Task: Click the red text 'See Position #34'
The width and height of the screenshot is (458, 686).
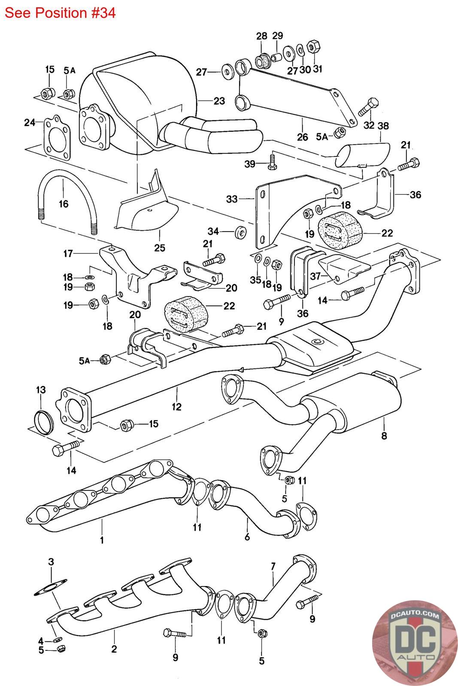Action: click(60, 13)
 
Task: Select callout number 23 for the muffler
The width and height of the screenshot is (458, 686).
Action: click(219, 101)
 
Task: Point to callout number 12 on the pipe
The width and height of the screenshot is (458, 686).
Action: click(176, 406)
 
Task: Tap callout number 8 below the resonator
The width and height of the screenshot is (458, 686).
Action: click(384, 436)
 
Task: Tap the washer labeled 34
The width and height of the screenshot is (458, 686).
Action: click(240, 232)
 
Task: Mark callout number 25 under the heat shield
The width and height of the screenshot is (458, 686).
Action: click(160, 247)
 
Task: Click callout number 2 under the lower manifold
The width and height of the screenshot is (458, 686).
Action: click(114, 649)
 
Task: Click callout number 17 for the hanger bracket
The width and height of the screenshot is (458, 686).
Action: click(68, 253)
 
